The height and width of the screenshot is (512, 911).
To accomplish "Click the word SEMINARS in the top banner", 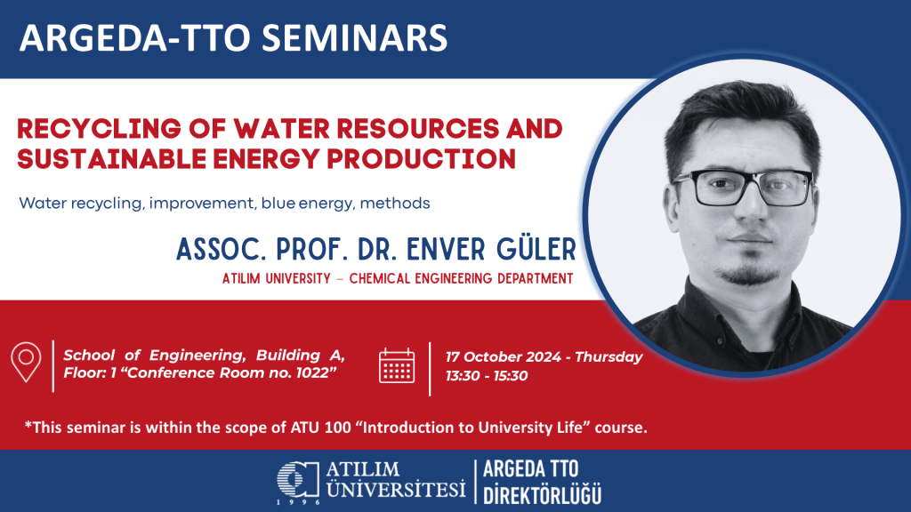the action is click(x=354, y=37).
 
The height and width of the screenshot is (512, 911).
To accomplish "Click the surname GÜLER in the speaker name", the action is click(x=536, y=250).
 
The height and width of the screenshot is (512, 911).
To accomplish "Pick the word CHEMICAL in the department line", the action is click(x=379, y=279).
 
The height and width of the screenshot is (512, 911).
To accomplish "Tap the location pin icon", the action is click(x=26, y=363).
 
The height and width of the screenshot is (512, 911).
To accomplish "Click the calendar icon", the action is click(x=397, y=365).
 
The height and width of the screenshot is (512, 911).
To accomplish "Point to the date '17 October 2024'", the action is click(x=504, y=357).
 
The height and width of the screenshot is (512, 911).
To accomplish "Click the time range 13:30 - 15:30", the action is click(x=487, y=376).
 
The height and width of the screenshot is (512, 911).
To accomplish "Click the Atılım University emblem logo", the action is click(x=298, y=479).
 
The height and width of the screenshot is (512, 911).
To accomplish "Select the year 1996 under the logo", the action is click(x=298, y=502).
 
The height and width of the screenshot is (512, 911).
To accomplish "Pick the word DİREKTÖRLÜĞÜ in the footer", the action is click(x=542, y=496).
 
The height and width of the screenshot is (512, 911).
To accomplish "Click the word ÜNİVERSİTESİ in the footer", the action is click(x=396, y=489).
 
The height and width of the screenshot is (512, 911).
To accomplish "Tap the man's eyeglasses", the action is click(x=743, y=187).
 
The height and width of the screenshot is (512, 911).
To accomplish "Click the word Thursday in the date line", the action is click(x=609, y=357).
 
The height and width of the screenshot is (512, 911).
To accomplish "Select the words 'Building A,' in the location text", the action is click(x=301, y=356).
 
